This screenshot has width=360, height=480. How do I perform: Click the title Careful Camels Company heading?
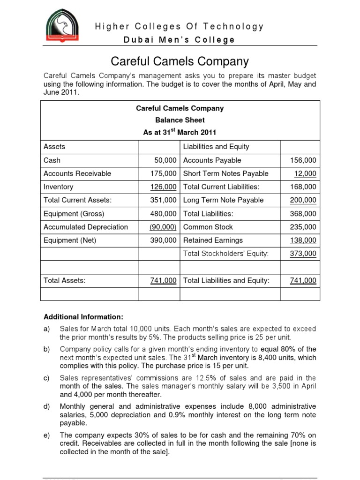(x=180, y=61)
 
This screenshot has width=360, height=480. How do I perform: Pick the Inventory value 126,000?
(x=163, y=187)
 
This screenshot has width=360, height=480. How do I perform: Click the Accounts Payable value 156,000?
(x=304, y=160)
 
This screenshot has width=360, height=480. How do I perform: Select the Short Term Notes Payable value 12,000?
(x=305, y=173)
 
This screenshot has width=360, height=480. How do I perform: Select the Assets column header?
(x=54, y=147)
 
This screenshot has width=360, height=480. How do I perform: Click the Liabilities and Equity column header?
(x=216, y=147)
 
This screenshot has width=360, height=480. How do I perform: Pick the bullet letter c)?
(x=46, y=378)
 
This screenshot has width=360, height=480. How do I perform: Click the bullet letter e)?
(x=46, y=435)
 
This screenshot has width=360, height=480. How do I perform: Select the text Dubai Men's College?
(x=179, y=40)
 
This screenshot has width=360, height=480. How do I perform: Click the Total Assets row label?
(x=65, y=281)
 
